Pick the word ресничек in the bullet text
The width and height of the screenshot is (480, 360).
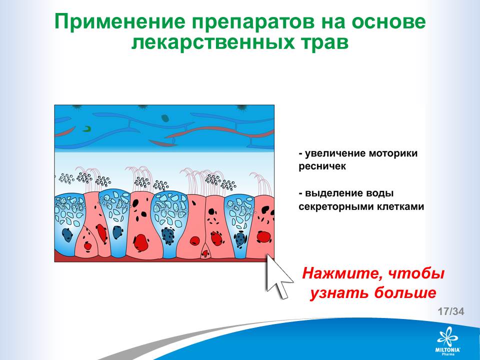(x=322, y=167)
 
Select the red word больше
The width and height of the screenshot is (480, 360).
(x=405, y=293)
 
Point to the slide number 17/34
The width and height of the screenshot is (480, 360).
(x=451, y=311)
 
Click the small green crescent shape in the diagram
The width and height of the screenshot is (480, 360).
(x=87, y=129)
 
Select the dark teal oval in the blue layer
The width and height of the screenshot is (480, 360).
(x=165, y=118)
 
